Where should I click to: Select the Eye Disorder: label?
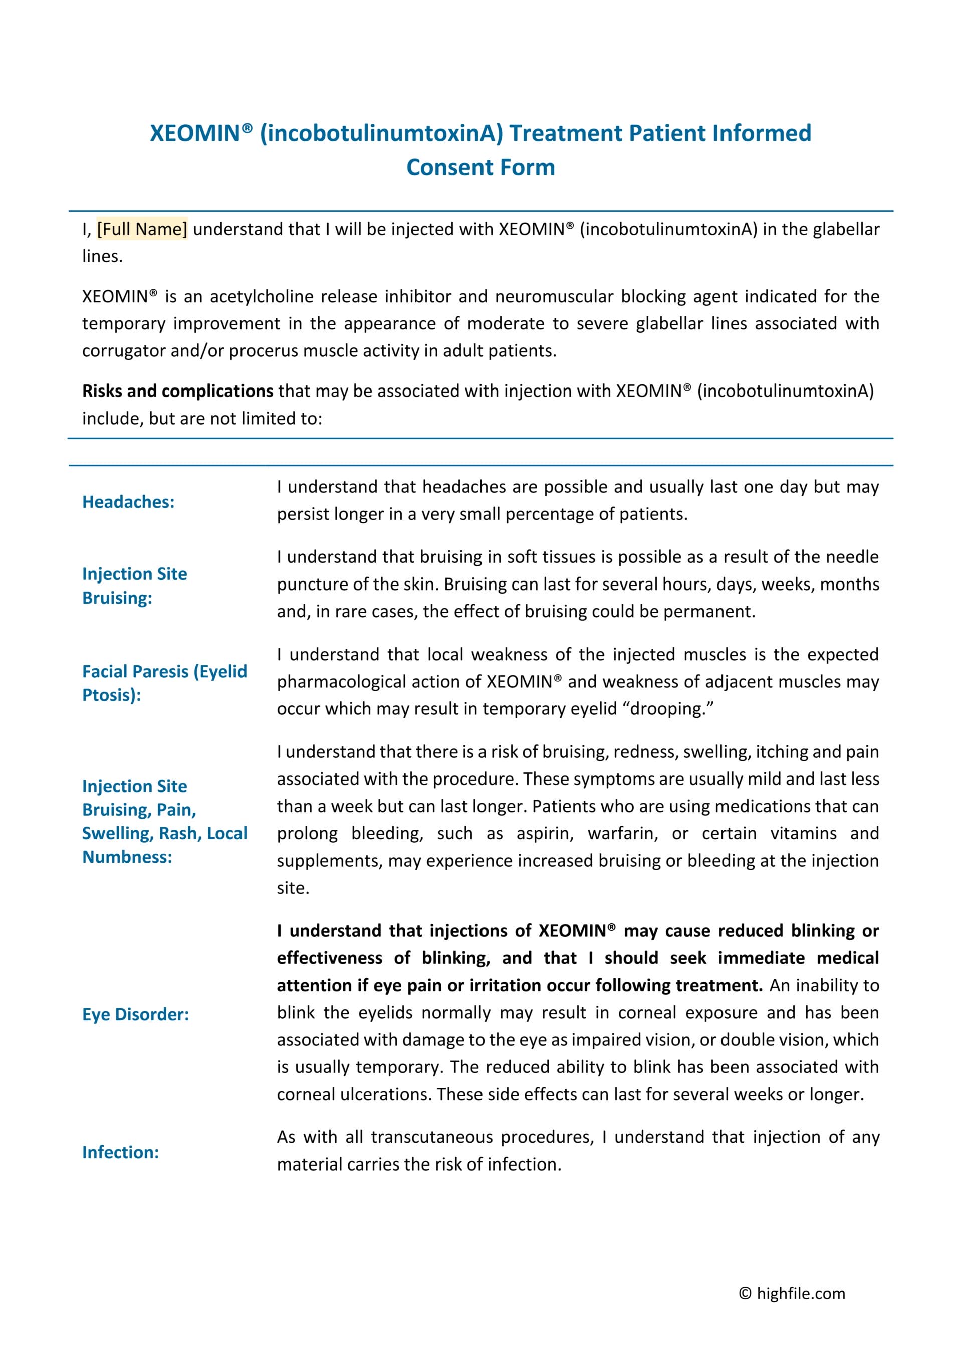click(x=135, y=1014)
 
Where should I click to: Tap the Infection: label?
click(x=120, y=1152)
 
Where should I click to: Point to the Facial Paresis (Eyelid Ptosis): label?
click(x=164, y=683)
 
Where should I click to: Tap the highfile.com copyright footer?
click(x=792, y=1293)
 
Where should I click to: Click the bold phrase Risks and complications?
click(x=177, y=391)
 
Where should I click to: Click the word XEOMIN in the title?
click(x=195, y=133)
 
